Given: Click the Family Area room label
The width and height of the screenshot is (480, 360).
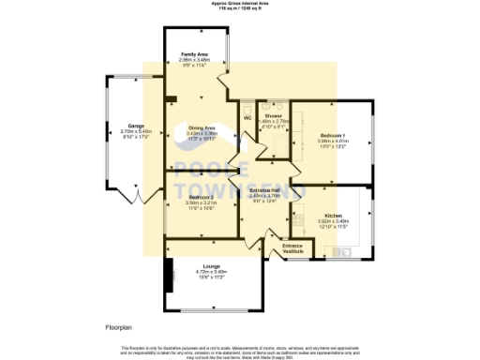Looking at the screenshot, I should pos(195,55).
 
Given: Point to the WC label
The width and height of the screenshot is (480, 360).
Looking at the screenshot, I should pos(247,118).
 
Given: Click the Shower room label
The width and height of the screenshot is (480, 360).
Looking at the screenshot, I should pos(273,115).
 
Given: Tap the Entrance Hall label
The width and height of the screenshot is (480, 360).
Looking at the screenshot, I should pos(265,190).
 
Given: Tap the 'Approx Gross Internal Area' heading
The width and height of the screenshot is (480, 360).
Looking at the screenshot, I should pos(240,4).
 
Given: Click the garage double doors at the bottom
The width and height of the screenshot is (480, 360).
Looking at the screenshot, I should pos(138,199).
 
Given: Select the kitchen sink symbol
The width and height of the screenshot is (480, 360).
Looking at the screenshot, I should pos(342,250).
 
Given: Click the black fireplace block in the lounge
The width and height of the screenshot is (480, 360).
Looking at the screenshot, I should pos(170,280).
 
